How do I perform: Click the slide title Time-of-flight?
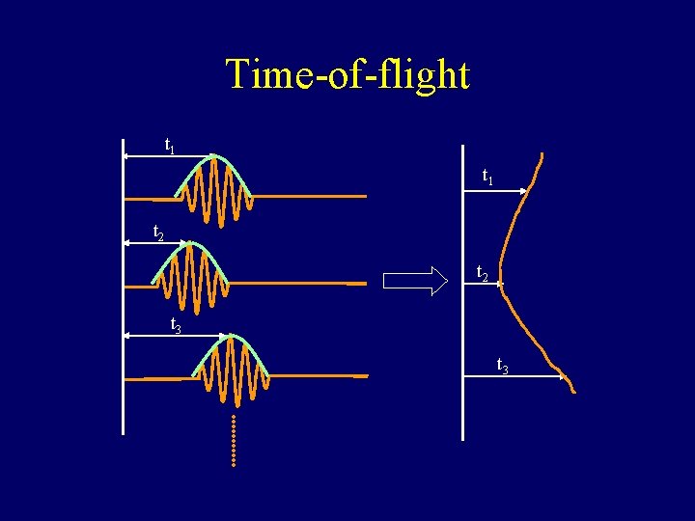(347, 74)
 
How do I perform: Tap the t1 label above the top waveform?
(170, 147)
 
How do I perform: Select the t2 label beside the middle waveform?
(159, 233)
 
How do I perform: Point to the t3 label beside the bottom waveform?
(177, 325)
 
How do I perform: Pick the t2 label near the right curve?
(483, 275)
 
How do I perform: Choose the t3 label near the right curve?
(503, 366)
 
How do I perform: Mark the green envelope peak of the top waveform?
(214, 157)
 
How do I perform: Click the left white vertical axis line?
(124, 289)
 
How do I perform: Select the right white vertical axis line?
(463, 289)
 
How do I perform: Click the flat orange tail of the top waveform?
(309, 197)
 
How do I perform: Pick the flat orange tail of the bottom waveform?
(319, 375)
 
